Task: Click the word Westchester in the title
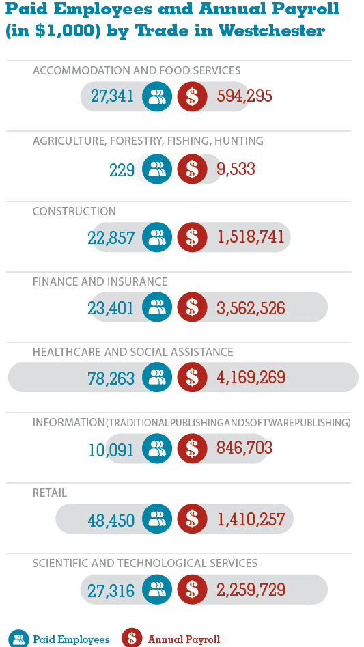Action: (x=271, y=31)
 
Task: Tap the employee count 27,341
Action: (x=112, y=96)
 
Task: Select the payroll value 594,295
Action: (x=244, y=96)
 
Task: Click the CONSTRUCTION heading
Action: (x=74, y=211)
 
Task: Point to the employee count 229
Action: (x=122, y=169)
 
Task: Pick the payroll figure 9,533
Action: (x=236, y=169)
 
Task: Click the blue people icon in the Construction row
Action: (x=157, y=237)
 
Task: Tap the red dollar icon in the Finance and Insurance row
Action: (x=192, y=307)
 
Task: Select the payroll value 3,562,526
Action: (x=251, y=308)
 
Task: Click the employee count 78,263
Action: (x=111, y=378)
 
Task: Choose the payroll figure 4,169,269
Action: (x=251, y=378)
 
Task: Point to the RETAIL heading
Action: (x=49, y=493)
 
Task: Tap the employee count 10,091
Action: (x=111, y=450)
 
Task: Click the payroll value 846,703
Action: (x=244, y=448)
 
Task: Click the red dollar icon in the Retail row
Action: (x=192, y=519)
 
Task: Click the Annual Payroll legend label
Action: (x=184, y=639)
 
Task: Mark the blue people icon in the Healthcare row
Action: (x=157, y=377)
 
